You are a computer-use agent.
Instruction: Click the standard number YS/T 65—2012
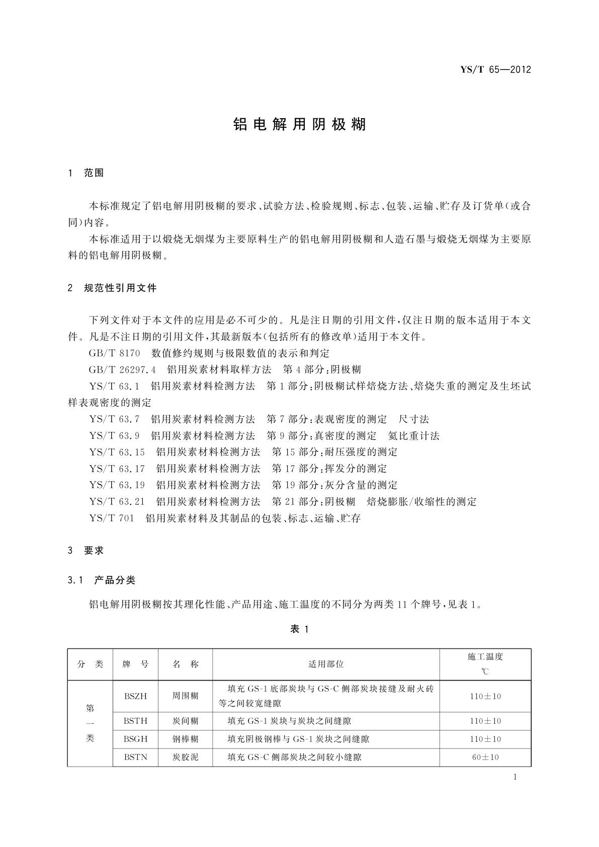pyautogui.click(x=495, y=70)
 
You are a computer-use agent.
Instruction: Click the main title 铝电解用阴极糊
pyautogui.click(x=300, y=124)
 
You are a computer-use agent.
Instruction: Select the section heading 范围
pyautogui.click(x=94, y=173)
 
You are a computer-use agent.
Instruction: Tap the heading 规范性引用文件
pyautogui.click(x=120, y=288)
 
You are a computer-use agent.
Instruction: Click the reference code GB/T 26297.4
pyautogui.click(x=121, y=370)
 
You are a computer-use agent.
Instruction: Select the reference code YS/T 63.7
pyautogui.click(x=114, y=419)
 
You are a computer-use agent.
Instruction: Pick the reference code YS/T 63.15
pyautogui.click(x=117, y=452)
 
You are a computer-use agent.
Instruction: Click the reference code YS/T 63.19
pyautogui.click(x=117, y=485)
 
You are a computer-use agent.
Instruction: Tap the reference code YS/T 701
pyautogui.click(x=112, y=518)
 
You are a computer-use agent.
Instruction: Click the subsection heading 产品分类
pyautogui.click(x=115, y=580)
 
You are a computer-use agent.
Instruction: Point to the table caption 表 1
pyautogui.click(x=299, y=629)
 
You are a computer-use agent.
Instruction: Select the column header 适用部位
pyautogui.click(x=326, y=664)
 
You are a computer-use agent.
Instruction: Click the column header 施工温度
pyautogui.click(x=485, y=656)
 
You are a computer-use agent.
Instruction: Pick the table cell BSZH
pyautogui.click(x=135, y=697)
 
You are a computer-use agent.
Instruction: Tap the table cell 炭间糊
pyautogui.click(x=185, y=721)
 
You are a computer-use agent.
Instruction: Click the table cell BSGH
pyautogui.click(x=135, y=739)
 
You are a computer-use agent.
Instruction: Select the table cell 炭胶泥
pyautogui.click(x=185, y=757)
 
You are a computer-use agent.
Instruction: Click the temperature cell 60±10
pyautogui.click(x=485, y=757)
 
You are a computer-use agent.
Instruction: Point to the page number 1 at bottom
pyautogui.click(x=515, y=777)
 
